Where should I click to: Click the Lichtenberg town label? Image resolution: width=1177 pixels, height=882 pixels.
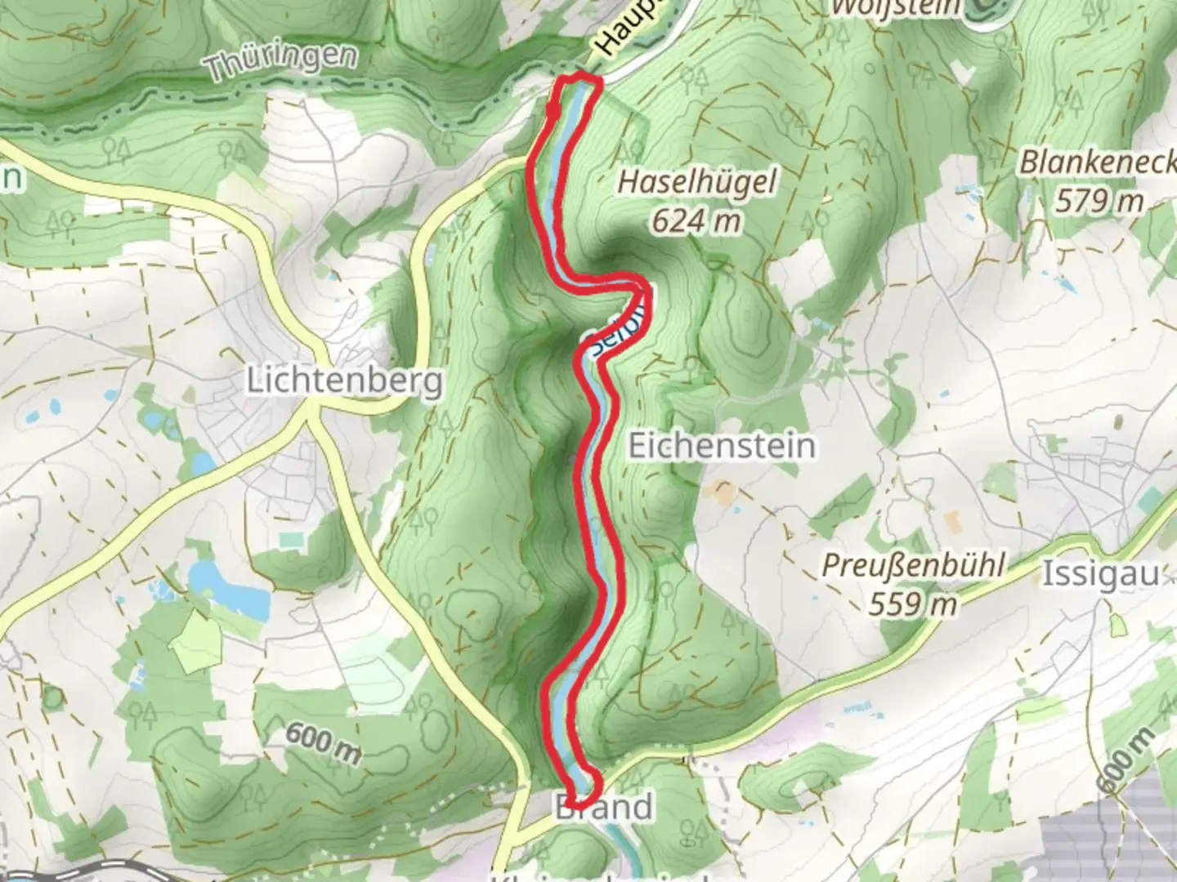click(344, 381)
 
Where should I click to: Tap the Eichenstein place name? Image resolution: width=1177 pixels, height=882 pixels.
click(722, 446)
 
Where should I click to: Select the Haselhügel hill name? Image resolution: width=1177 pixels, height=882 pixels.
click(696, 182)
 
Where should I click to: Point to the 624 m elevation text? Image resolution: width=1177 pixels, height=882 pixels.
click(697, 220)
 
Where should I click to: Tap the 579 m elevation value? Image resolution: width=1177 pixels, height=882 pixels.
click(1099, 200)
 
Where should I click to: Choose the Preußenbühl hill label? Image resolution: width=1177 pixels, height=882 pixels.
click(912, 566)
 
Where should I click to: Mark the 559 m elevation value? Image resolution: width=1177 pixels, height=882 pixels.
click(912, 604)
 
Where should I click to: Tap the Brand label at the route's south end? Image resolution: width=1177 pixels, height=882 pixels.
click(604, 808)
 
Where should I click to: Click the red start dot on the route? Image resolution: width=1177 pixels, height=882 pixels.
click(553, 112)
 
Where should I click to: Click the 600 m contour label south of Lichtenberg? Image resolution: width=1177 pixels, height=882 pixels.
click(324, 744)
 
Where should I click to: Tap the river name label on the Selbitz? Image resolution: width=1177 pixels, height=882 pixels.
click(618, 328)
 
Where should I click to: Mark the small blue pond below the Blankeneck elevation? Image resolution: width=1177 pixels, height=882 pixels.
click(1066, 285)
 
